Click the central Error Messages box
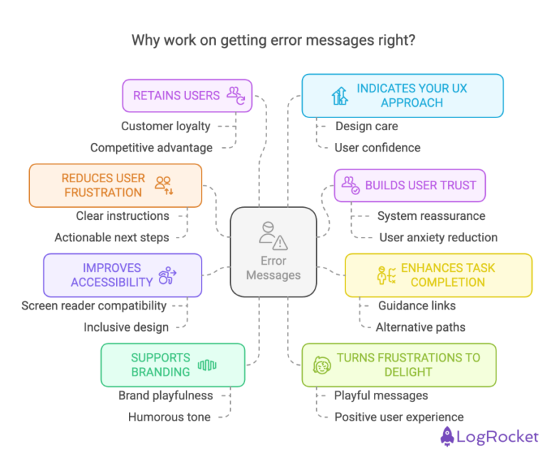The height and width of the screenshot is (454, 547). click(x=273, y=252)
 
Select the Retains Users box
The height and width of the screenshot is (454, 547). click(x=187, y=95)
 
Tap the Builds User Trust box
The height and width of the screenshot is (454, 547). click(x=410, y=185)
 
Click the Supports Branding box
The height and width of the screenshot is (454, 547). click(x=172, y=365)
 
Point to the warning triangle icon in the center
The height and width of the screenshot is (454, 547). click(x=280, y=243)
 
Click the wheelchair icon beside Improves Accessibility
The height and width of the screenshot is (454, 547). click(x=167, y=275)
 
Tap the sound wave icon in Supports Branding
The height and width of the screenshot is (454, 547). click(x=207, y=365)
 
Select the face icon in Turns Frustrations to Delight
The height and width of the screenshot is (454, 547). click(x=322, y=365)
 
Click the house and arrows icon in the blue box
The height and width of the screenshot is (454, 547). click(x=340, y=96)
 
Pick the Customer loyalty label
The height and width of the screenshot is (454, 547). click(x=166, y=126)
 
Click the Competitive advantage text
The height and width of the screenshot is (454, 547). click(x=152, y=148)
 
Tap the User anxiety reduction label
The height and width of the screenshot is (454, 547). click(x=439, y=237)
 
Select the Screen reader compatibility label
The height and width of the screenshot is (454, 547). click(x=94, y=305)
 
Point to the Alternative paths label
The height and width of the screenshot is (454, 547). click(x=420, y=327)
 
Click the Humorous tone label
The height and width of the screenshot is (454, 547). click(x=170, y=417)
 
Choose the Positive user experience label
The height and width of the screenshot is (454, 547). click(x=399, y=417)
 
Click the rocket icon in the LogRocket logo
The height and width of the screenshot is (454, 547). click(x=447, y=436)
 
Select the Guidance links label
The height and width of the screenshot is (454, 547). click(x=417, y=305)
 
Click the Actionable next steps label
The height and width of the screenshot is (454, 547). click(x=112, y=237)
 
